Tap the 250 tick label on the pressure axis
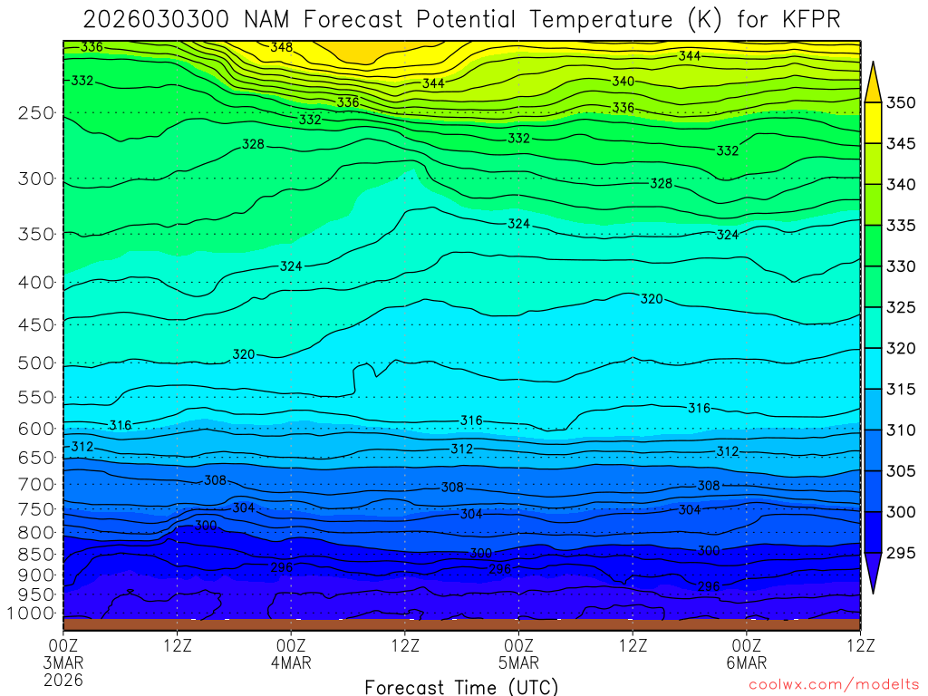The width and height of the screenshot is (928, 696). click(x=36, y=113)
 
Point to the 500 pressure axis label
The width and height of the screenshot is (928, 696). click(x=36, y=363)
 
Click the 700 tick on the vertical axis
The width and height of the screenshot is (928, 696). click(x=36, y=484)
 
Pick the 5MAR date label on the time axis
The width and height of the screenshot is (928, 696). click(x=518, y=662)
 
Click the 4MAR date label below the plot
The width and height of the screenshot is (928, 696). click(x=291, y=662)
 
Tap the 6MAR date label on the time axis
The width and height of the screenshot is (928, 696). click(x=746, y=662)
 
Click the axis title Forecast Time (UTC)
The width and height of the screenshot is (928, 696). click(x=461, y=686)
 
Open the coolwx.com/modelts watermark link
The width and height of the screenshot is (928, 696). click(x=833, y=686)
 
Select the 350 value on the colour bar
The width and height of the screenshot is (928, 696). click(x=901, y=103)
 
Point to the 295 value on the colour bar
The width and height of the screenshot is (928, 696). click(x=901, y=553)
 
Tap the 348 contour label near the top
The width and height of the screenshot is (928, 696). click(x=282, y=46)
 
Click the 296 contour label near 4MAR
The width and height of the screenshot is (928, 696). click(x=282, y=567)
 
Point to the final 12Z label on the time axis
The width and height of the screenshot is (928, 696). click(x=859, y=645)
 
